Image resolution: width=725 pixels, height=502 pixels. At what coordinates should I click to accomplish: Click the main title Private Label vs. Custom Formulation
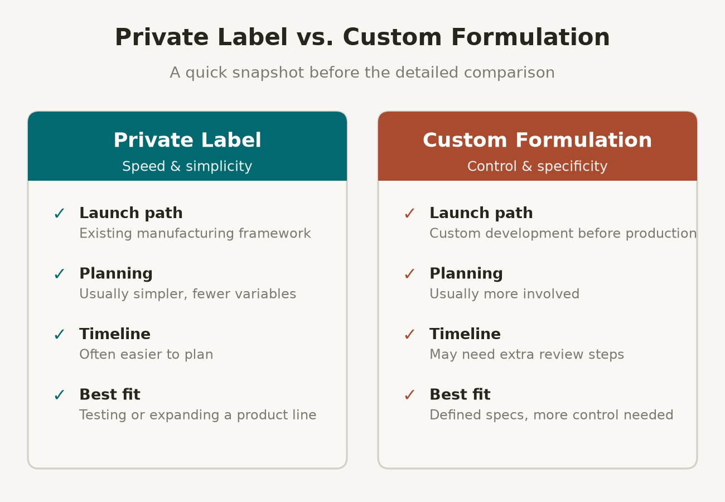click(362, 37)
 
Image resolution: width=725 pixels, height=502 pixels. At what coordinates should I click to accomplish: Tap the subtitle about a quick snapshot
click(362, 73)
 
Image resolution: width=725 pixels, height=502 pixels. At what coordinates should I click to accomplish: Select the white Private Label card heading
click(187, 140)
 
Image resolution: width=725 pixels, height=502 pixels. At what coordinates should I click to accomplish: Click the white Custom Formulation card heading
click(537, 140)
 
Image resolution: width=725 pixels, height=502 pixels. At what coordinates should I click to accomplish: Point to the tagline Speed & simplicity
click(187, 166)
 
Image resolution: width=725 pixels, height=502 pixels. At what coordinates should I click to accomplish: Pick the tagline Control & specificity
click(537, 166)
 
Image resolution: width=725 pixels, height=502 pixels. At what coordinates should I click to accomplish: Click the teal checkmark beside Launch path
click(60, 214)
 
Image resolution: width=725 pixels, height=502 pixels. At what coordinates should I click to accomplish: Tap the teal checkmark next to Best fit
click(60, 395)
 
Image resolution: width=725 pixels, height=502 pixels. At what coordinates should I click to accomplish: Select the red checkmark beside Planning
click(410, 274)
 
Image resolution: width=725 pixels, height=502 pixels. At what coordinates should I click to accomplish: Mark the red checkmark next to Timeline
click(410, 335)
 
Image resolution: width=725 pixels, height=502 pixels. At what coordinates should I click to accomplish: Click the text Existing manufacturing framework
click(195, 233)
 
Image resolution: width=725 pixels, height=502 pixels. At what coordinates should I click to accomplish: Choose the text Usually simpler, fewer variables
click(188, 294)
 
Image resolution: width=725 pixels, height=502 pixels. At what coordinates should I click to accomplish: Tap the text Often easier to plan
click(146, 354)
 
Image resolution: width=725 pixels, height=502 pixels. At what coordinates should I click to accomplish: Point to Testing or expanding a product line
click(198, 415)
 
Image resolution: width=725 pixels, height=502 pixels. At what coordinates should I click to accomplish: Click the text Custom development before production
click(563, 233)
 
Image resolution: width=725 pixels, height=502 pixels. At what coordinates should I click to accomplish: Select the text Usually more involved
click(505, 294)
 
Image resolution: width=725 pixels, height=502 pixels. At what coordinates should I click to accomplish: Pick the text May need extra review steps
click(527, 354)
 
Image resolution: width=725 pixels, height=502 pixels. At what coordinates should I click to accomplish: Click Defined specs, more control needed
click(552, 415)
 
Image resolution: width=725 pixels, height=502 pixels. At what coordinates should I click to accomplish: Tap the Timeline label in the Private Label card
click(115, 334)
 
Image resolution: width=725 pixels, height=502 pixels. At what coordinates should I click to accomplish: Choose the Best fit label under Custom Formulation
click(460, 394)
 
